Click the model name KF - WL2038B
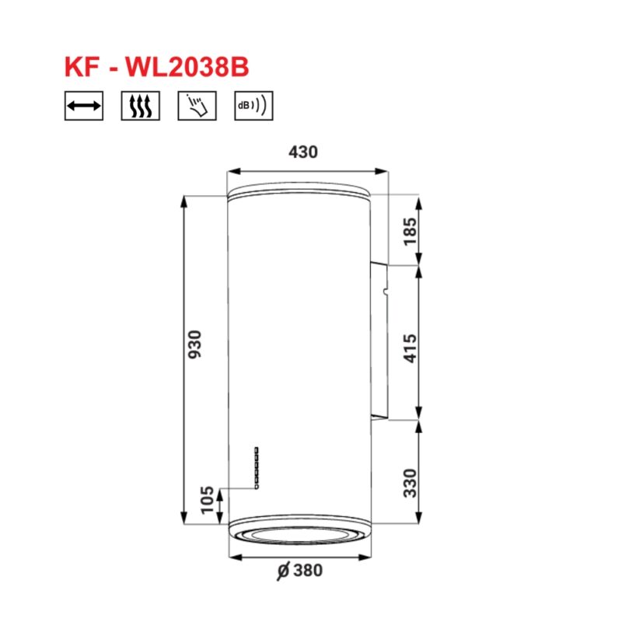[156, 66]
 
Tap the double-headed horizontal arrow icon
[84, 107]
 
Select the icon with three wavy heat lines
[141, 107]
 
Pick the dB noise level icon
[253, 107]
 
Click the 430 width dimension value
[303, 152]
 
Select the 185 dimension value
[410, 231]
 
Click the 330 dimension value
[410, 482]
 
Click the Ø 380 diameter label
[299, 571]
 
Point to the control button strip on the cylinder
[255, 465]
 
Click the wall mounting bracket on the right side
[380, 342]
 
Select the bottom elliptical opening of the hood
[299, 534]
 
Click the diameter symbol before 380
[283, 571]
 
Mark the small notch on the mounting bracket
[384, 294]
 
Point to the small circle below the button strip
[255, 487]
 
